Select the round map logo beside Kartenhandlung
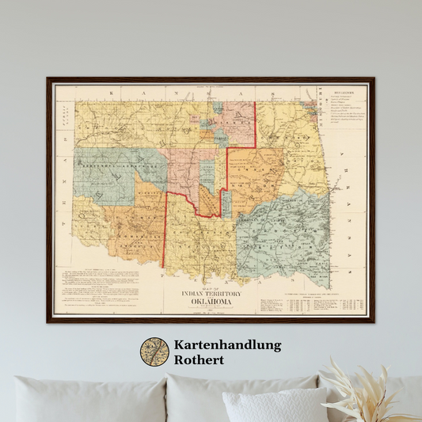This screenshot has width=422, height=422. point(154,352)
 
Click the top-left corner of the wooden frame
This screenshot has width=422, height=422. point(48,79)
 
